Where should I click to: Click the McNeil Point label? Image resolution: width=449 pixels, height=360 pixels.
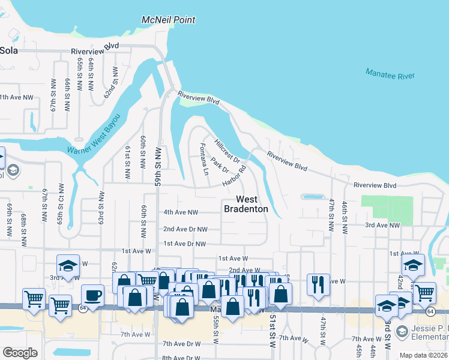pyautogui.click(x=168, y=20)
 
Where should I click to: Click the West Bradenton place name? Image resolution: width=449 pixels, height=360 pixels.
pyautogui.click(x=246, y=204)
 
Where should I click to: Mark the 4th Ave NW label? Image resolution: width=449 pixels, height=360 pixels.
pyautogui.click(x=181, y=212)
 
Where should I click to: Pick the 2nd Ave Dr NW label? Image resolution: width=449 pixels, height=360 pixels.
pyautogui.click(x=185, y=229)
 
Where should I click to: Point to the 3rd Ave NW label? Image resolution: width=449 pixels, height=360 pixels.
pyautogui.click(x=382, y=225)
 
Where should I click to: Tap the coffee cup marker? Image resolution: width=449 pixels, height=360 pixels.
pyautogui.click(x=92, y=295)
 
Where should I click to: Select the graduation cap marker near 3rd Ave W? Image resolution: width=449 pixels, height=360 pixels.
pyautogui.click(x=68, y=266)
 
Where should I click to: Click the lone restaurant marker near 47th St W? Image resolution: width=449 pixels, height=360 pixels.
pyautogui.click(x=318, y=284)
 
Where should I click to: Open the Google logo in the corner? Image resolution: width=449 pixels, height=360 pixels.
pyautogui.click(x=20, y=353)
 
